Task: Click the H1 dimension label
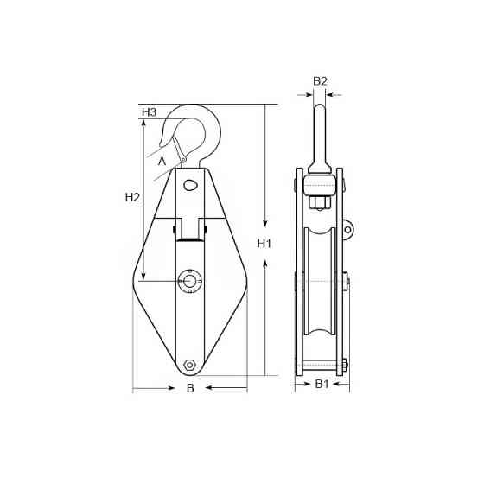pos(264,244)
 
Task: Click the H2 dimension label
pos(132,197)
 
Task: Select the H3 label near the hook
pos(149,112)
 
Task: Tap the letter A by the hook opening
pos(162,161)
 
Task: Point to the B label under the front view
pos(190,388)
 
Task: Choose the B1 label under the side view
pos(322,384)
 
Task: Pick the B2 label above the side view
pos(320,81)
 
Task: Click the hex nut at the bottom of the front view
pos(189,365)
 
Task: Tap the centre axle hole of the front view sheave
pos(189,281)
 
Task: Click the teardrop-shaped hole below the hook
pos(190,186)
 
